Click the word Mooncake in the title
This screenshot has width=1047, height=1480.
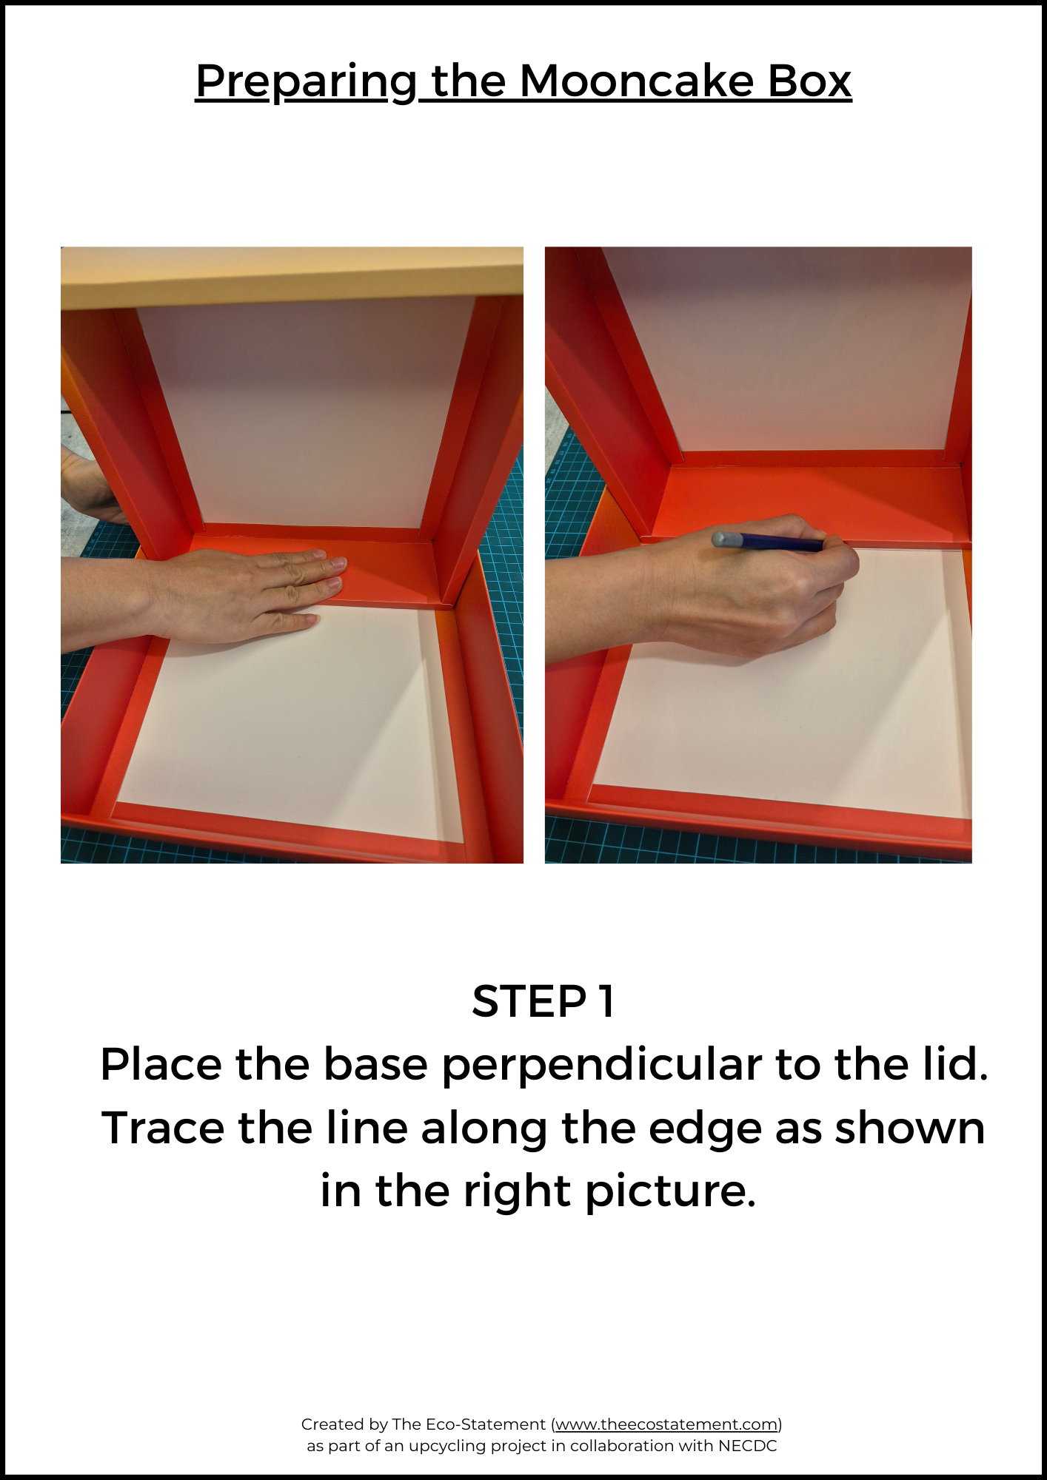click(x=636, y=81)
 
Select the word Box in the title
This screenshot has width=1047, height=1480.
click(x=809, y=81)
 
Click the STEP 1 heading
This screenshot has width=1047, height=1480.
click(x=543, y=1001)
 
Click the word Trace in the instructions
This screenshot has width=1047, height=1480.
click(x=162, y=1128)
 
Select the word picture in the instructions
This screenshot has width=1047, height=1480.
click(x=671, y=1194)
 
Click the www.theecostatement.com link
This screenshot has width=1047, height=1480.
click(x=667, y=1424)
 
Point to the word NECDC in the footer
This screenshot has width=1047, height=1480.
click(x=747, y=1446)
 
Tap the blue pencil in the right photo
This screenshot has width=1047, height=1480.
click(x=768, y=542)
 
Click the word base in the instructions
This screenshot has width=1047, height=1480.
click(x=375, y=1065)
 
